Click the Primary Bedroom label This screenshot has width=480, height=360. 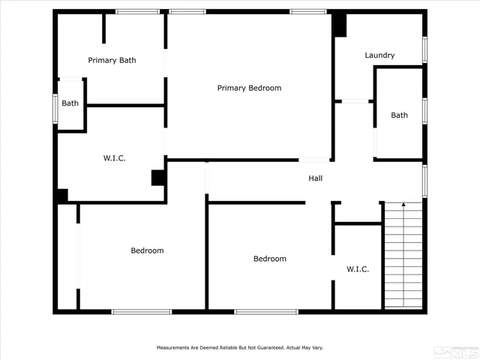pyautogui.click(x=249, y=88)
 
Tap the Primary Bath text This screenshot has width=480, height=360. pyautogui.click(x=112, y=60)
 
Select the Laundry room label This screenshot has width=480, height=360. pyautogui.click(x=379, y=55)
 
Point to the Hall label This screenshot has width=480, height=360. pyautogui.click(x=316, y=178)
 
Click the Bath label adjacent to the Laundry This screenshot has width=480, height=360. pyautogui.click(x=399, y=115)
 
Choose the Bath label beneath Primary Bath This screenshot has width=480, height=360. pyautogui.click(x=70, y=103)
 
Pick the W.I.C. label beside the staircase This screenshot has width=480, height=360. pyautogui.click(x=357, y=268)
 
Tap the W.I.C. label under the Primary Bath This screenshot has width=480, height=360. pyautogui.click(x=114, y=158)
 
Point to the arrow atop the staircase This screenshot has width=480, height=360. pyautogui.click(x=403, y=205)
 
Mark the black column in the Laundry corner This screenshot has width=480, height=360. pyautogui.click(x=340, y=25)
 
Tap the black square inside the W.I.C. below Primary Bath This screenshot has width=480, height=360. pyautogui.click(x=158, y=178)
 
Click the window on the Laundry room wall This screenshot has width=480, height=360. pyautogui.click(x=424, y=49)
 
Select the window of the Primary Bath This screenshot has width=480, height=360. pyautogui.click(x=137, y=11)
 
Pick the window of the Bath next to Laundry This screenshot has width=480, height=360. pyautogui.click(x=424, y=110)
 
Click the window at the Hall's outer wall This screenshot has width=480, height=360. pyautogui.click(x=424, y=181)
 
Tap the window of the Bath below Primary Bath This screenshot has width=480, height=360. pyautogui.click(x=55, y=106)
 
